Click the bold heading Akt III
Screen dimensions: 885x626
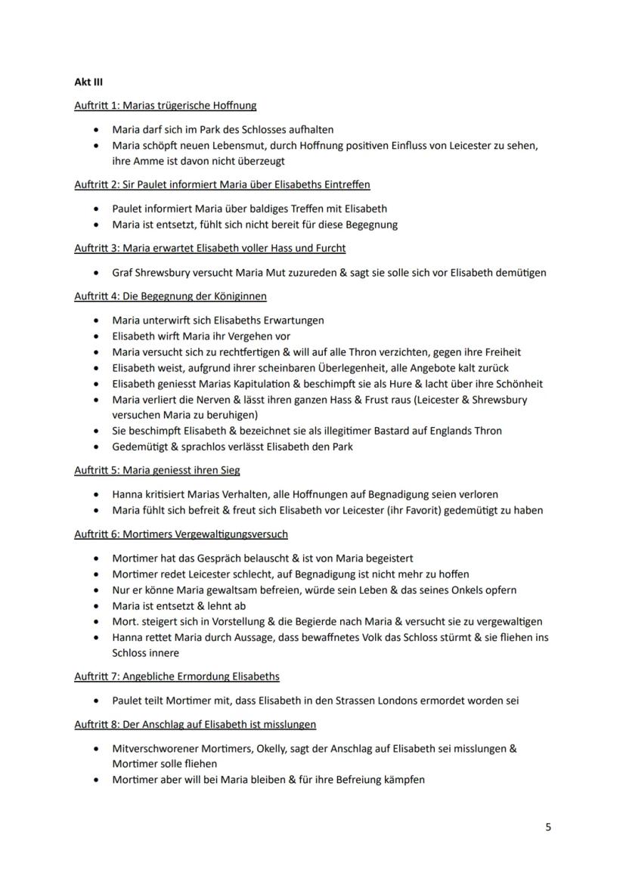88,82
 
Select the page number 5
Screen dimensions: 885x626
548,827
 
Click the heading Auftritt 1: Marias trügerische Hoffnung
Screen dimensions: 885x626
165,106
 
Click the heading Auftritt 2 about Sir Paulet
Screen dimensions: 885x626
222,184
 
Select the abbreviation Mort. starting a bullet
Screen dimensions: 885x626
125,622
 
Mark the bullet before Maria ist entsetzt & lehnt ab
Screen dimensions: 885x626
96,606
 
